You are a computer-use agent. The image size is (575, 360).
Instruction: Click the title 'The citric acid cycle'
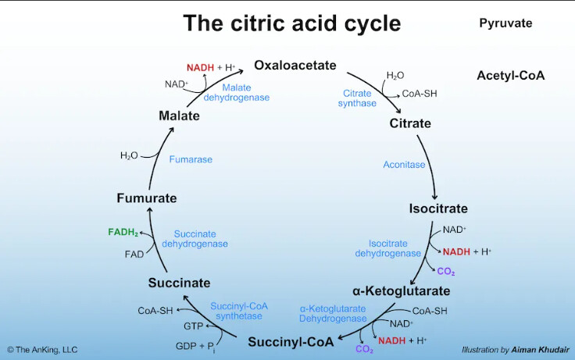tap(291, 23)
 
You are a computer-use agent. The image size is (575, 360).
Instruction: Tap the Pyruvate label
tap(505, 23)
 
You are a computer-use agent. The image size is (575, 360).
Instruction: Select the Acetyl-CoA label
tap(510, 76)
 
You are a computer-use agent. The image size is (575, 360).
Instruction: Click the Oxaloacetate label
tap(295, 65)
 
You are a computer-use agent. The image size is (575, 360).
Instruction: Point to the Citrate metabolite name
tap(410, 123)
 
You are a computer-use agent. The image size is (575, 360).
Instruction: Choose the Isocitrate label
tap(438, 209)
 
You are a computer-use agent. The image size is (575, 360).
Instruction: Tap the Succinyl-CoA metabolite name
tap(291, 341)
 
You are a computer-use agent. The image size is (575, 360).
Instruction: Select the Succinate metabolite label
tap(179, 282)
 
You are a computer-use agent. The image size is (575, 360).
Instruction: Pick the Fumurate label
tap(146, 198)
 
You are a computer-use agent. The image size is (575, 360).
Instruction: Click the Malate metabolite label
tap(179, 116)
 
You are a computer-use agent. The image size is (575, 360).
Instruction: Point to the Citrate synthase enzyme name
tap(357, 98)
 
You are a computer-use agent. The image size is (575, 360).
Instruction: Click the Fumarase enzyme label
tap(191, 159)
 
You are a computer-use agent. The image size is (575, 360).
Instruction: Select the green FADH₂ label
tap(123, 233)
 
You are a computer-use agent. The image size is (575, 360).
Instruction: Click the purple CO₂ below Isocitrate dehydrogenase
tap(446, 272)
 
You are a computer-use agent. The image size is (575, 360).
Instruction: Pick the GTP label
tap(193, 326)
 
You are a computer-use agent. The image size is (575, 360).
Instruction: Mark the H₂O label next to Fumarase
tap(129, 155)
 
